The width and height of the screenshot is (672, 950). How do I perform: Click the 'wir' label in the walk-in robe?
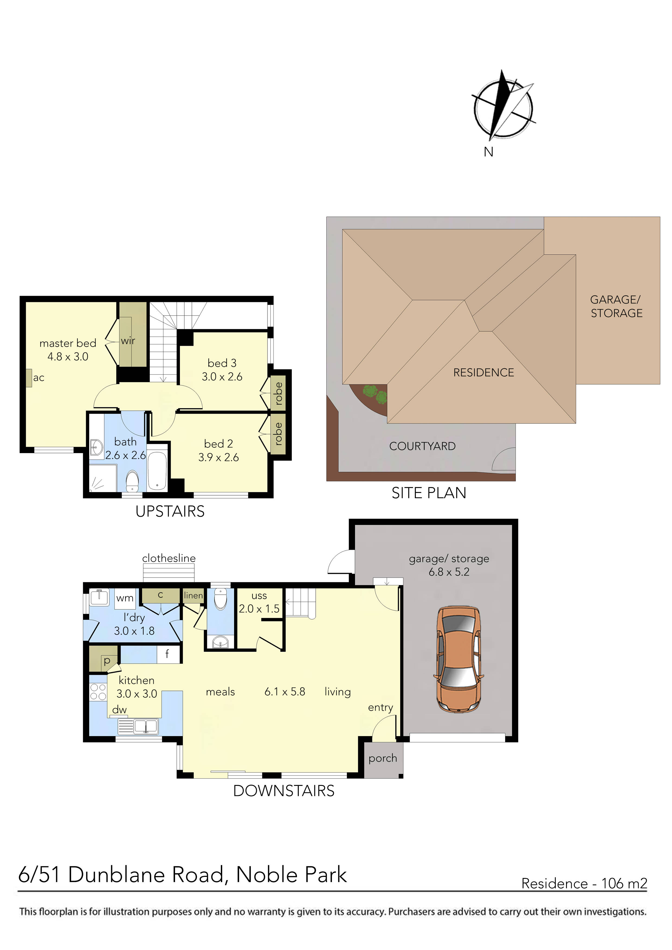pyautogui.click(x=128, y=340)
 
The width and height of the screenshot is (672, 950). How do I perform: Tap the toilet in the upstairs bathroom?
pyautogui.click(x=132, y=481)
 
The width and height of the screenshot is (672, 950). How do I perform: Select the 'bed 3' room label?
pyautogui.click(x=222, y=363)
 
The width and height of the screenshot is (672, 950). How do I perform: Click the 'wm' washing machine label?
pyautogui.click(x=125, y=598)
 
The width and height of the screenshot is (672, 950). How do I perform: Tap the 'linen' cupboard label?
pyautogui.click(x=193, y=596)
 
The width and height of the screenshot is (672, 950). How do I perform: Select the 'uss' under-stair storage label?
pyautogui.click(x=259, y=596)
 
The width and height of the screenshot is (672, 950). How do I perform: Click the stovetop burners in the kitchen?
pyautogui.click(x=98, y=692)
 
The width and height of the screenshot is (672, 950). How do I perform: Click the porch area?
pyautogui.click(x=383, y=759)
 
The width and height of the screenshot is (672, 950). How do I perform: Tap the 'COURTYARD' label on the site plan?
pyautogui.click(x=422, y=446)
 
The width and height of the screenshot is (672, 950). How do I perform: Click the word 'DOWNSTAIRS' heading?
pyautogui.click(x=284, y=791)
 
